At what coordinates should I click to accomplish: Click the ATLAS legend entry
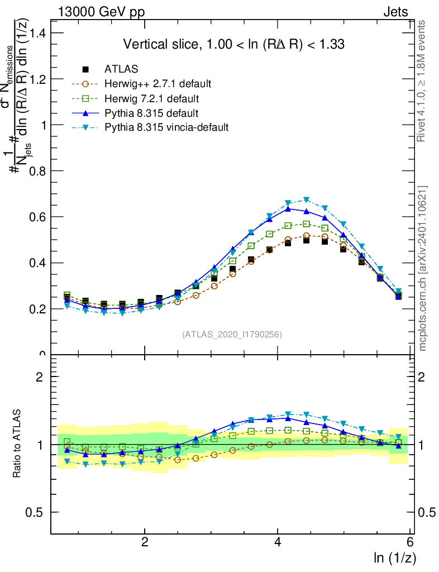(x=121, y=69)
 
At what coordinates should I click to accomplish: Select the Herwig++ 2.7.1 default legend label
(x=158, y=84)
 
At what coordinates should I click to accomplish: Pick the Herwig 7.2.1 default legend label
(x=152, y=99)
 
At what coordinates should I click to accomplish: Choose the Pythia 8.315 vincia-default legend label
(x=166, y=127)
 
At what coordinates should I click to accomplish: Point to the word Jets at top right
(x=395, y=12)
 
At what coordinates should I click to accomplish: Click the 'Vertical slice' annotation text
(x=233, y=44)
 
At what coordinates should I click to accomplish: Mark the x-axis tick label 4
(x=278, y=543)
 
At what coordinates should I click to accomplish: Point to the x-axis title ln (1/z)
(x=395, y=557)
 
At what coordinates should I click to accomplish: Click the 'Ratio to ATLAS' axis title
(x=17, y=444)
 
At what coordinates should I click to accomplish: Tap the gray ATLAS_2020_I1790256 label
(x=231, y=335)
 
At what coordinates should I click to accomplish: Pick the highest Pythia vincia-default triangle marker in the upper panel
(x=306, y=200)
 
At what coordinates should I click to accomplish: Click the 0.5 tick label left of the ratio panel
(x=37, y=512)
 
